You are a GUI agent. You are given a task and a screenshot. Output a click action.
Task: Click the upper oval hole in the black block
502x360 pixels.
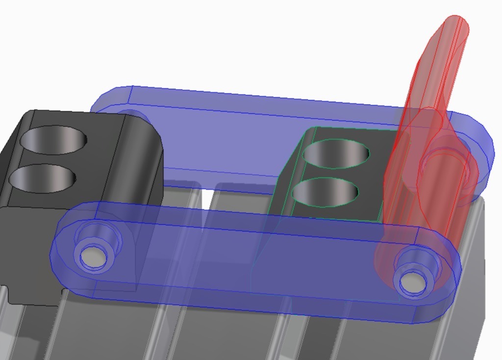click(53, 140)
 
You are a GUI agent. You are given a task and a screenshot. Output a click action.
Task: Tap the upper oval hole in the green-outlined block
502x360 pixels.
click(336, 153)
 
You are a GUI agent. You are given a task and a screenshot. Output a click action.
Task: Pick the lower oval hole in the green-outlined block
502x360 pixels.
click(325, 191)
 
